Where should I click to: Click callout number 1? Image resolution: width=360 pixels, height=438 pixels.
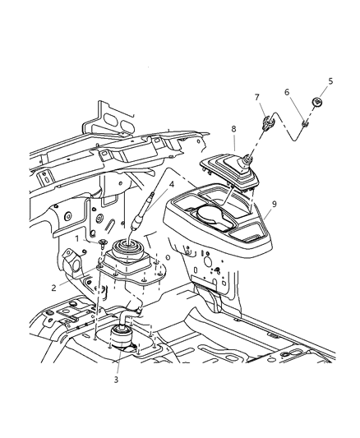[x=77, y=238]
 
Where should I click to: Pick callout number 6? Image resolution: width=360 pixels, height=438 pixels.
[x=288, y=92]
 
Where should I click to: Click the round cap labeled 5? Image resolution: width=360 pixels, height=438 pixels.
[x=316, y=103]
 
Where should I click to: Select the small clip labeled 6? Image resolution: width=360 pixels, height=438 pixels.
[x=303, y=124]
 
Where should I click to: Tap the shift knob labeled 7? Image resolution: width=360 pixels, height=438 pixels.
[x=267, y=127]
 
